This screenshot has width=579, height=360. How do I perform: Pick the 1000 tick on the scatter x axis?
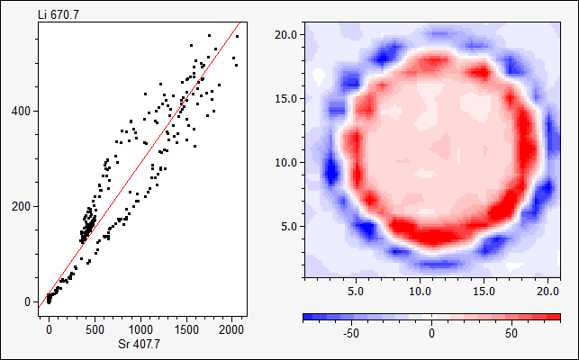coord(140,330)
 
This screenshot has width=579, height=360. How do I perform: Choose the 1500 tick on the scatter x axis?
coord(186,330)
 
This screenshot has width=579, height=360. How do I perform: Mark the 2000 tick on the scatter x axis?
coord(231,330)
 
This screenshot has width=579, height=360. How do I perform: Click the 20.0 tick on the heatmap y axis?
coord(287,34)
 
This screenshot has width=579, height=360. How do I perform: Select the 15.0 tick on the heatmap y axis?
coord(287,98)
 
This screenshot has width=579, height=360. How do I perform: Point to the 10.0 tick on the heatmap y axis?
coord(287,162)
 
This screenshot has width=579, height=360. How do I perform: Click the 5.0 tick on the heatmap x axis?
coord(355,292)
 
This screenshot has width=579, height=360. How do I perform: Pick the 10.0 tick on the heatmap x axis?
coord(420,292)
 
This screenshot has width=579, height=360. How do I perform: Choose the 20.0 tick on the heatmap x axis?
coord(547,292)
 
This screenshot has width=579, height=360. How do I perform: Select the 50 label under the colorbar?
coord(511,334)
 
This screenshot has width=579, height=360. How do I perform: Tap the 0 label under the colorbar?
coord(431,334)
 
